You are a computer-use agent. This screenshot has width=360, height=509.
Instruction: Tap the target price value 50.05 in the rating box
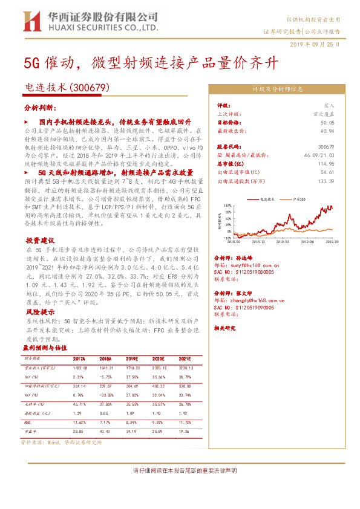(x=328, y=122)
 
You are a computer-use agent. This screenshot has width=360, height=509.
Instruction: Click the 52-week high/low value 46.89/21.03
(x=321, y=155)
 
